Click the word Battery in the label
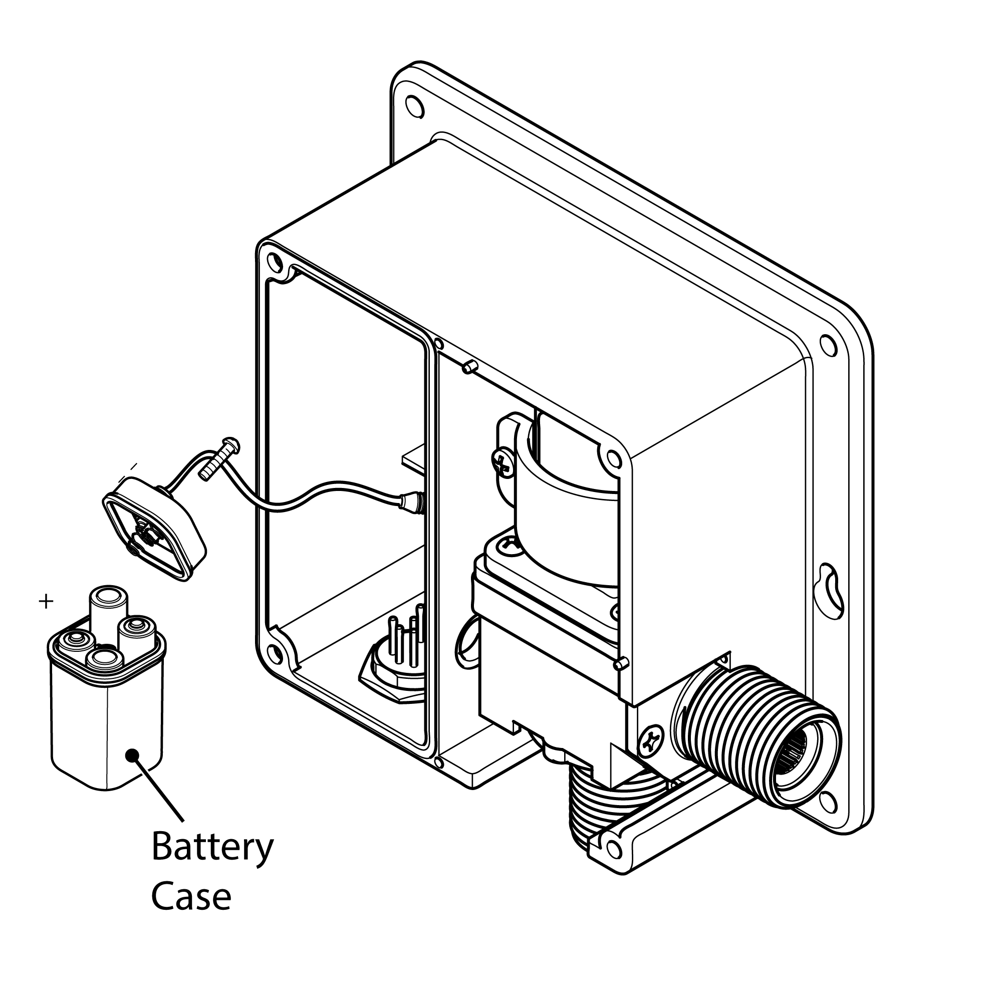pyautogui.click(x=212, y=847)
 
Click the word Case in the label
pyautogui.click(x=191, y=896)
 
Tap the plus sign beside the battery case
pyautogui.click(x=46, y=602)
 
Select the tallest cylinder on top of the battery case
pyautogui.click(x=108, y=608)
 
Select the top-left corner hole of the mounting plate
pyautogui.click(x=414, y=107)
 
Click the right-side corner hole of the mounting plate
pyautogui.click(x=828, y=345)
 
